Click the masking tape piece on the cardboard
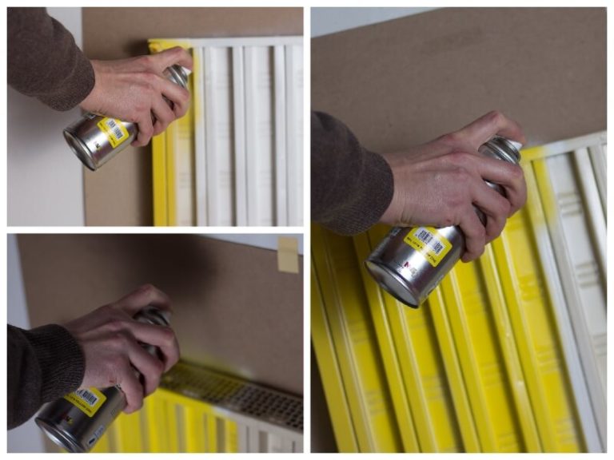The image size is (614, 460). (287, 254)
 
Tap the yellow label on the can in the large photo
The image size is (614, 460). (427, 244)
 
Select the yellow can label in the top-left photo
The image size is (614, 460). (114, 131)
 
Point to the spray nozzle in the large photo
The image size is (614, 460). (505, 149)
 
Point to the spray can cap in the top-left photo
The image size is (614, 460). (177, 77)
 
